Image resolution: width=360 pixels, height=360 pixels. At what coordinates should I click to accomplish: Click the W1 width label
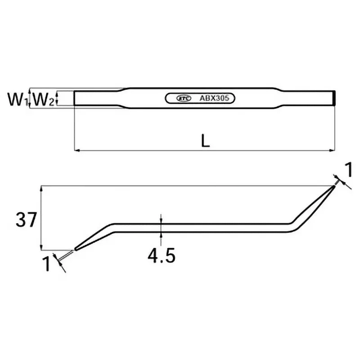(x=18, y=99)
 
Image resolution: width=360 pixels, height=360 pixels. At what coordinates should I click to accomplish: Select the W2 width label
(x=44, y=99)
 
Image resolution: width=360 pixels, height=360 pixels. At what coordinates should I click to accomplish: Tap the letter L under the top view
(x=206, y=141)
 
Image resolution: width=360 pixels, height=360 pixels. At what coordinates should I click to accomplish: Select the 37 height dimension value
(x=24, y=220)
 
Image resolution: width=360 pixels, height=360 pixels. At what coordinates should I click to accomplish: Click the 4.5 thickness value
(x=161, y=256)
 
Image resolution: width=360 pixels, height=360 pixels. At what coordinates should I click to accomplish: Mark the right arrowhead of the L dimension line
(x=333, y=150)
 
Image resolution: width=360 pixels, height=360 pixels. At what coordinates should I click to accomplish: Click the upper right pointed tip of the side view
(x=334, y=186)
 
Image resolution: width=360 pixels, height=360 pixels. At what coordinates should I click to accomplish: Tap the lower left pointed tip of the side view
(x=75, y=248)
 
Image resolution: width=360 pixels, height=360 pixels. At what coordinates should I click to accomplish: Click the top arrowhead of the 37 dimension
(x=42, y=188)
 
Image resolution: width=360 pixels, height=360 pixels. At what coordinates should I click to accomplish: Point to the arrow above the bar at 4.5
(x=161, y=219)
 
